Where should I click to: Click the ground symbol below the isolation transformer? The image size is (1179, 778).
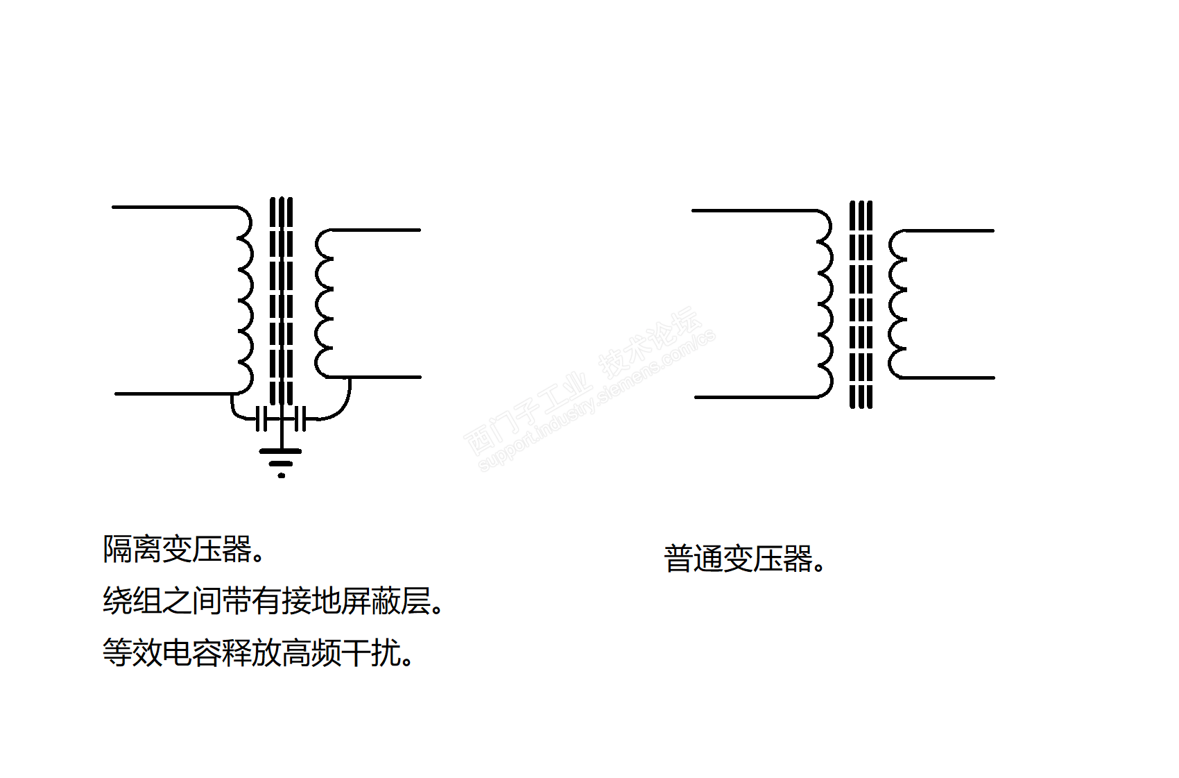coord(281,459)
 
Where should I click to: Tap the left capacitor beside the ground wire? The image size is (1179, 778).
coord(261,419)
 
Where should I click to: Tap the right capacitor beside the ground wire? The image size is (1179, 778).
coord(300,419)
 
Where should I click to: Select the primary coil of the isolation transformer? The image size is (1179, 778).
coord(244,300)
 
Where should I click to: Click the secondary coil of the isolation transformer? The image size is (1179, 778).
coord(324,303)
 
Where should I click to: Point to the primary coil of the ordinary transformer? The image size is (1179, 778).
coord(824,303)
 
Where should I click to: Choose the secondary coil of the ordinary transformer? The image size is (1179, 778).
coord(897,304)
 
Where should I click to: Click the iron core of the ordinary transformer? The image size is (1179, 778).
coord(861,304)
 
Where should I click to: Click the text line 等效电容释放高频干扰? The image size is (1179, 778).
coord(258,653)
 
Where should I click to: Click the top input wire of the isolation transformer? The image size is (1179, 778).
coord(173,207)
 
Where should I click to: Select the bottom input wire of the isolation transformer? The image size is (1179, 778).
coord(173,394)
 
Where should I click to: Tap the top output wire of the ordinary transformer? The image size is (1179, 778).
coord(950,230)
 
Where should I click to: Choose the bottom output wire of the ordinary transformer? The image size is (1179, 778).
coord(950,378)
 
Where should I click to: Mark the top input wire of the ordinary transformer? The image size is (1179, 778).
coord(752,210)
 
